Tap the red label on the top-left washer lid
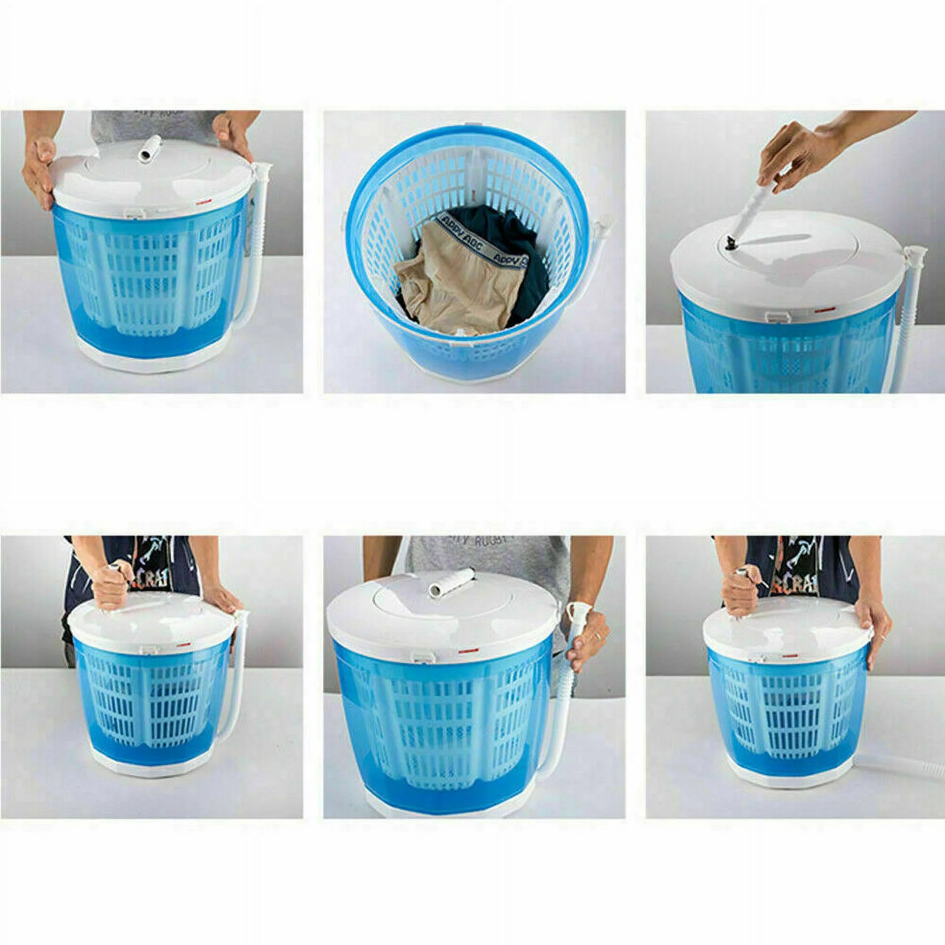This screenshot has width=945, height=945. (x=201, y=202)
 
